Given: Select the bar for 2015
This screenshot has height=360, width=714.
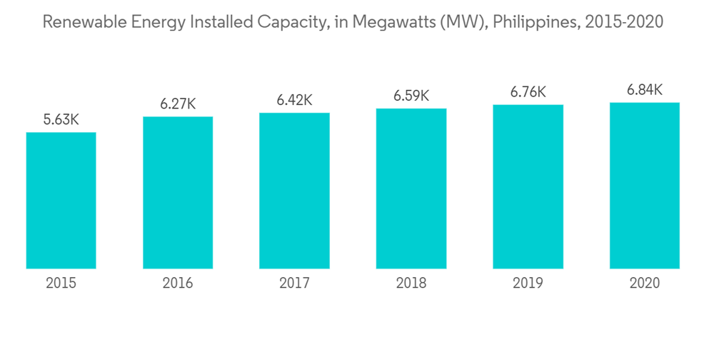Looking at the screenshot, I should [x=61, y=201].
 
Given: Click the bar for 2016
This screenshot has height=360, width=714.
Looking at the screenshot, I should [x=178, y=193].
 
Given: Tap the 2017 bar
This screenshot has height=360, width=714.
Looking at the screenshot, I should [x=294, y=191].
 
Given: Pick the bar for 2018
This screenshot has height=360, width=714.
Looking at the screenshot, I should [x=411, y=189].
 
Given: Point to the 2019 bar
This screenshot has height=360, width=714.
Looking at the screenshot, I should [x=528, y=186].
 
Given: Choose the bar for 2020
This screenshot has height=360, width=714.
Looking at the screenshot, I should [x=645, y=186].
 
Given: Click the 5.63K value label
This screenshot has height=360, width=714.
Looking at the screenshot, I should [x=61, y=120].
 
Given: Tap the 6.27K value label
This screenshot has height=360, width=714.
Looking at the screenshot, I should [x=178, y=104].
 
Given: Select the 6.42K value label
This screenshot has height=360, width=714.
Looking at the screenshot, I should [x=294, y=100].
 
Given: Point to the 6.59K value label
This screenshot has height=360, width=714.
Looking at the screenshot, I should [x=411, y=96].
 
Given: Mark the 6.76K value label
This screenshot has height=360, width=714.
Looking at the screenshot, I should [x=528, y=92].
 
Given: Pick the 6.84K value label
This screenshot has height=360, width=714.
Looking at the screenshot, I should [x=645, y=90].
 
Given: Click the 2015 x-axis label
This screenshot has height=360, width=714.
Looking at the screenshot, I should [x=61, y=284].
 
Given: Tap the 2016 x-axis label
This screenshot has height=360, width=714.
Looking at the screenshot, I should [x=178, y=284].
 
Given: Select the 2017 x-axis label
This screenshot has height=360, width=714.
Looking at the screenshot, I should [x=294, y=284].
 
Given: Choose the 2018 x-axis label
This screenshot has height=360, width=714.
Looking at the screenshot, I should [x=411, y=284].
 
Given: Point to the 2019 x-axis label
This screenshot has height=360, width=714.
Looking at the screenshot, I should [x=528, y=284].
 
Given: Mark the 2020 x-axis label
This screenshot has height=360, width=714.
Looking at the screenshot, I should [x=645, y=284].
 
